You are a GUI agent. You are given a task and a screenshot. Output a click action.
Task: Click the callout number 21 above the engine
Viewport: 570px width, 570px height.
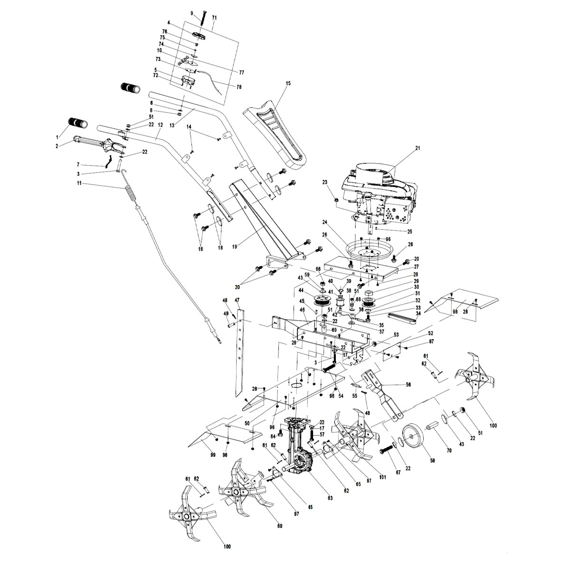tap(418, 148)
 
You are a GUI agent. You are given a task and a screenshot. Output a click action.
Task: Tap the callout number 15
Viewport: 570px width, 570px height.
tap(288, 83)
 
